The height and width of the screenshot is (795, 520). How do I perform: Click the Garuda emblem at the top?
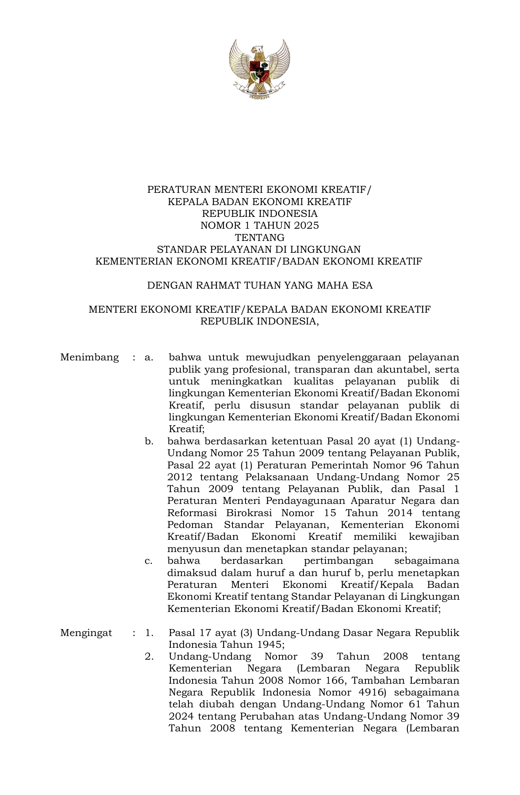click(259, 68)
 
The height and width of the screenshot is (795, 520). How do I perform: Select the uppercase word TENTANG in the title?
click(259, 237)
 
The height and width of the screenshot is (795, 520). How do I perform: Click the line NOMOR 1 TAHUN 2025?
click(259, 225)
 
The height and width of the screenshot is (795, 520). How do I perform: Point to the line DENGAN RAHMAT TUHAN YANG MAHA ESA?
click(259, 285)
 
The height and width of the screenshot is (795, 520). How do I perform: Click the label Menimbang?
click(90, 358)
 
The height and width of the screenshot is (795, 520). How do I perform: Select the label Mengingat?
click(86, 633)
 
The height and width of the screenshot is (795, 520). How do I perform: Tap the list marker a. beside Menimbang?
click(149, 358)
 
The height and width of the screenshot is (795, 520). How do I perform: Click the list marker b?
click(149, 441)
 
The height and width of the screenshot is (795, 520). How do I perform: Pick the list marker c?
click(149, 561)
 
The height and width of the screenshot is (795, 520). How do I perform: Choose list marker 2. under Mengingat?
click(149, 656)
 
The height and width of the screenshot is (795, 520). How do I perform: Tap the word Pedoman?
click(190, 525)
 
